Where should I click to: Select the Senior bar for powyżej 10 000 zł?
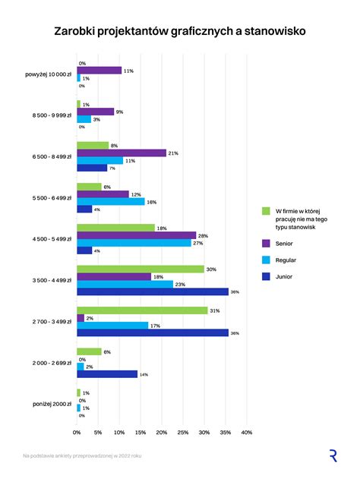[99, 71]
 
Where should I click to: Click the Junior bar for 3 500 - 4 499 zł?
[152, 291]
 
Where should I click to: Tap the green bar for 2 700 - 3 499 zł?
[142, 310]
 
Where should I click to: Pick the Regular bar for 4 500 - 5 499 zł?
[134, 243]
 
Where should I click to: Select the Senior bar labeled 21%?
[121, 153]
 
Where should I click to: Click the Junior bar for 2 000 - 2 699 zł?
[107, 374]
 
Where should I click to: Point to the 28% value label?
[202, 235]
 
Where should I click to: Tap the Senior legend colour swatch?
[266, 243]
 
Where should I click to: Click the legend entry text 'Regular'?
[287, 260]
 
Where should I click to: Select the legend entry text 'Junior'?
[286, 276]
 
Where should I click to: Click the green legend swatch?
[266, 210]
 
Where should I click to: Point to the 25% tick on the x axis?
[183, 433]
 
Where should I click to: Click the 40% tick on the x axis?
[247, 433]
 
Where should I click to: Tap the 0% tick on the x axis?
[77, 433]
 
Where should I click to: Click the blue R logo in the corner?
[333, 455]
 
